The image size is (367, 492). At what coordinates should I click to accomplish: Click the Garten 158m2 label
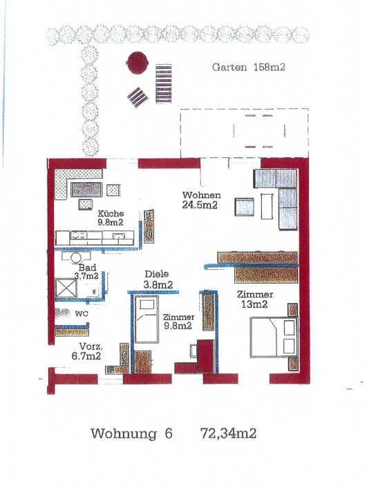click(x=249, y=67)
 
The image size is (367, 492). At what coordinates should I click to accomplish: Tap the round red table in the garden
click(x=137, y=63)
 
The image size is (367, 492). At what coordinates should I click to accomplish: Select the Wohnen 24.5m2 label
click(x=201, y=200)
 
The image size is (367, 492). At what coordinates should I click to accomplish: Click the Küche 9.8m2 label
click(x=111, y=218)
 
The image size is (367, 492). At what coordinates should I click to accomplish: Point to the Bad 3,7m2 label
click(x=86, y=272)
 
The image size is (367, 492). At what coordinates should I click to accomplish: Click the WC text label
click(x=82, y=314)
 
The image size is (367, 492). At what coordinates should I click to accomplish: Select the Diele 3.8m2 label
click(x=158, y=279)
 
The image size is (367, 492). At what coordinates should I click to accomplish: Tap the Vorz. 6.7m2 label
click(x=86, y=351)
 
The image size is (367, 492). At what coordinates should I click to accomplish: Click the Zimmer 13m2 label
click(x=255, y=299)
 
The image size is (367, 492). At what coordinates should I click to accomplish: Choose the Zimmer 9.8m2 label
click(x=178, y=322)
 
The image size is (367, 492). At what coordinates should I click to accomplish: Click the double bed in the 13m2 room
click(x=274, y=337)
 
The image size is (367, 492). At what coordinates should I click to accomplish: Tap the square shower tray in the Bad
click(x=66, y=288)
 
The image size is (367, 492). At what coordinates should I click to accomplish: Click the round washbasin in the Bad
click(x=76, y=257)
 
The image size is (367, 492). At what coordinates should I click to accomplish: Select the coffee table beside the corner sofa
click(x=267, y=206)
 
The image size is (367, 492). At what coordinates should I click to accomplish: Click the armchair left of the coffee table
click(x=244, y=207)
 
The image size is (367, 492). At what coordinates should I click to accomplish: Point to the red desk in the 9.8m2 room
click(x=205, y=356)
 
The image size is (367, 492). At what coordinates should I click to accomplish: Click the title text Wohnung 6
click(x=131, y=433)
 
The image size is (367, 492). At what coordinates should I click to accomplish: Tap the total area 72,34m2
click(x=229, y=433)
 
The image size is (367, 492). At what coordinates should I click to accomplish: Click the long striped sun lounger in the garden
click(x=164, y=83)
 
